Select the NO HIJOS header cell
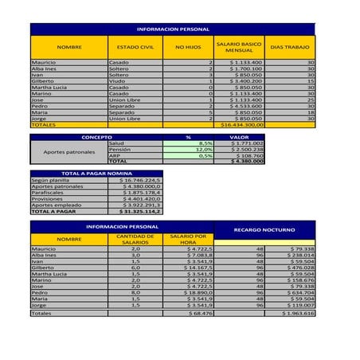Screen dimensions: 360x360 [x=188, y=47]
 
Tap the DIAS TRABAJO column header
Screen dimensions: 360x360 [x=290, y=47]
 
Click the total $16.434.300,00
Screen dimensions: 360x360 [x=242, y=125]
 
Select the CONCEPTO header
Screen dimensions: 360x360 [x=96, y=137]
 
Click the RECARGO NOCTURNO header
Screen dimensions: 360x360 [x=264, y=230]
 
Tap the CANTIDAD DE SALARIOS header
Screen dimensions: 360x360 [x=135, y=239]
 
